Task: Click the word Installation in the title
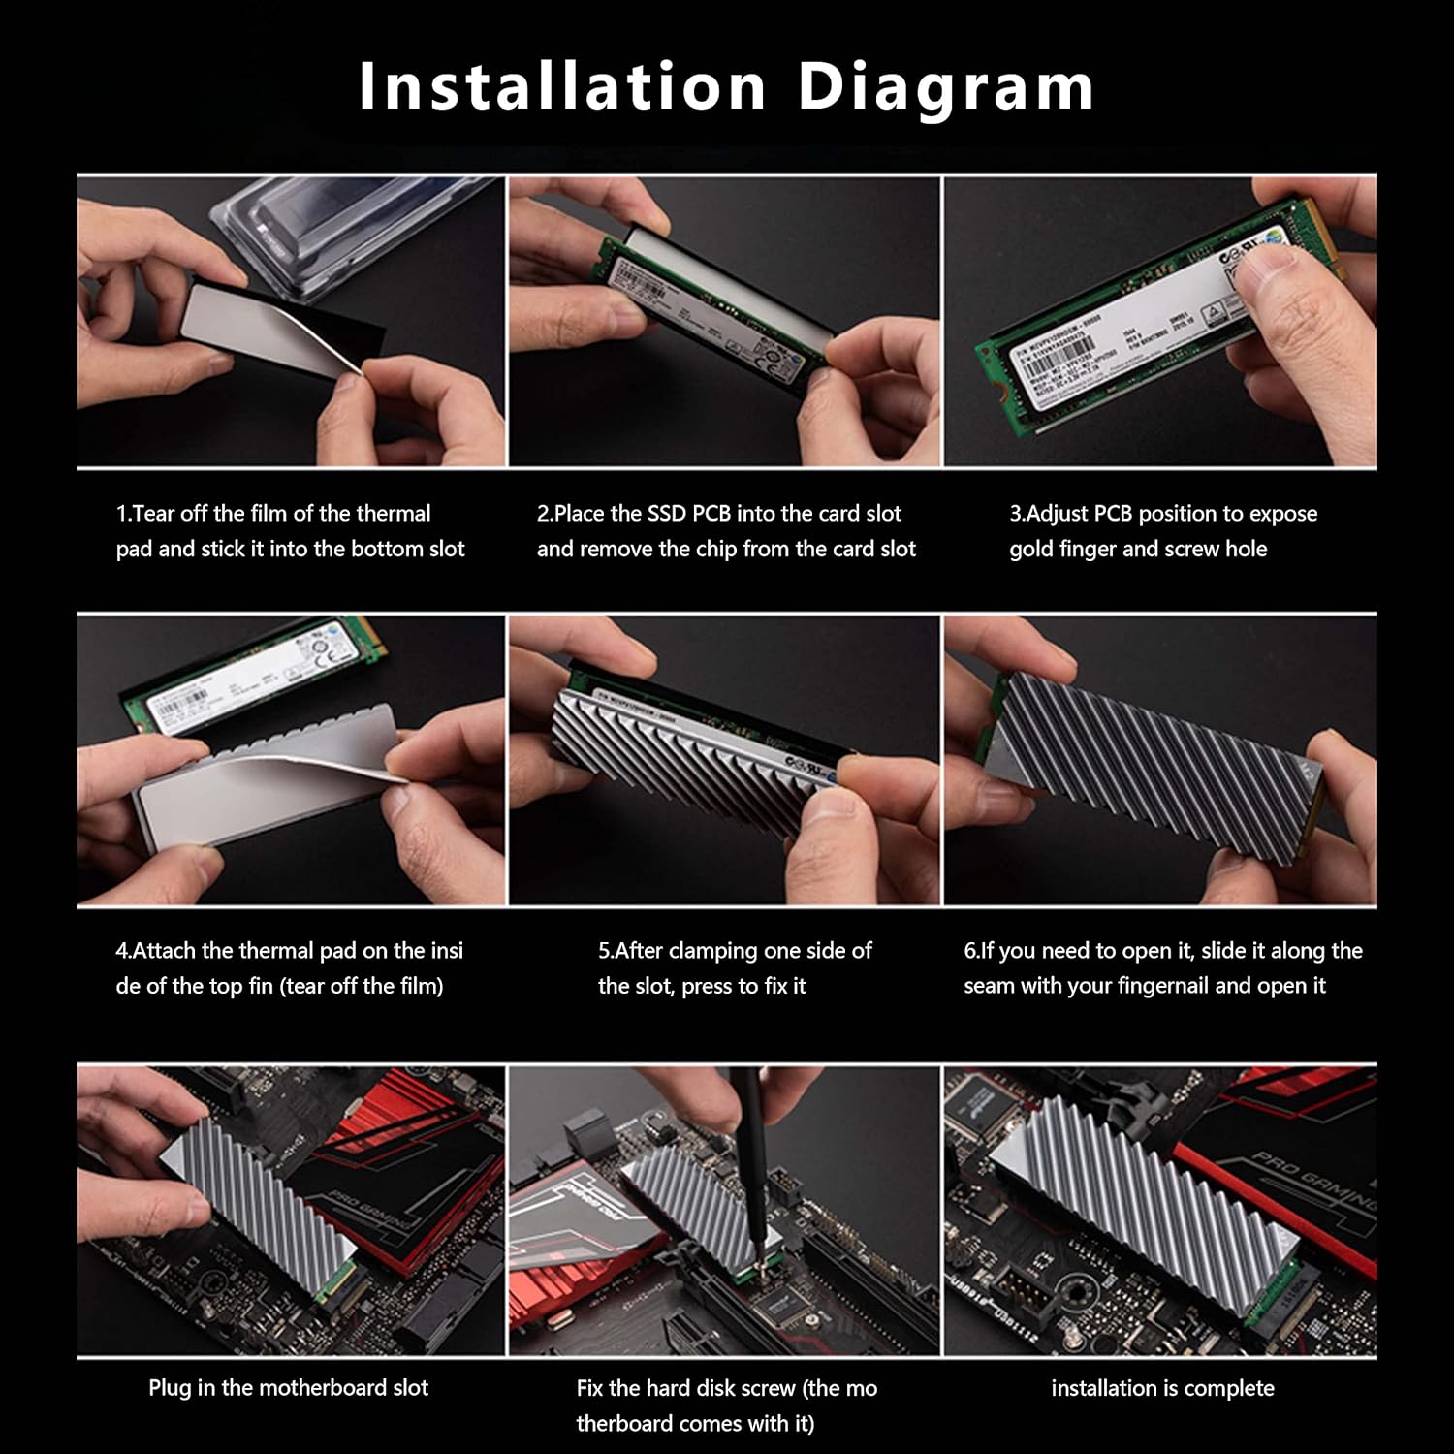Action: [562, 87]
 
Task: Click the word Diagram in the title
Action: [945, 87]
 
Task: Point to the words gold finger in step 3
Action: [1062, 550]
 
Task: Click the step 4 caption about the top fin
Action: [289, 968]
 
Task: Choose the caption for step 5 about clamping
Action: [735, 968]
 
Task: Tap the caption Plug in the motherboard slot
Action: [288, 1388]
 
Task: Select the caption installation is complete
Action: [1162, 1388]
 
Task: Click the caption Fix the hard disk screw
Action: [726, 1406]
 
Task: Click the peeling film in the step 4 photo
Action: [291, 785]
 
